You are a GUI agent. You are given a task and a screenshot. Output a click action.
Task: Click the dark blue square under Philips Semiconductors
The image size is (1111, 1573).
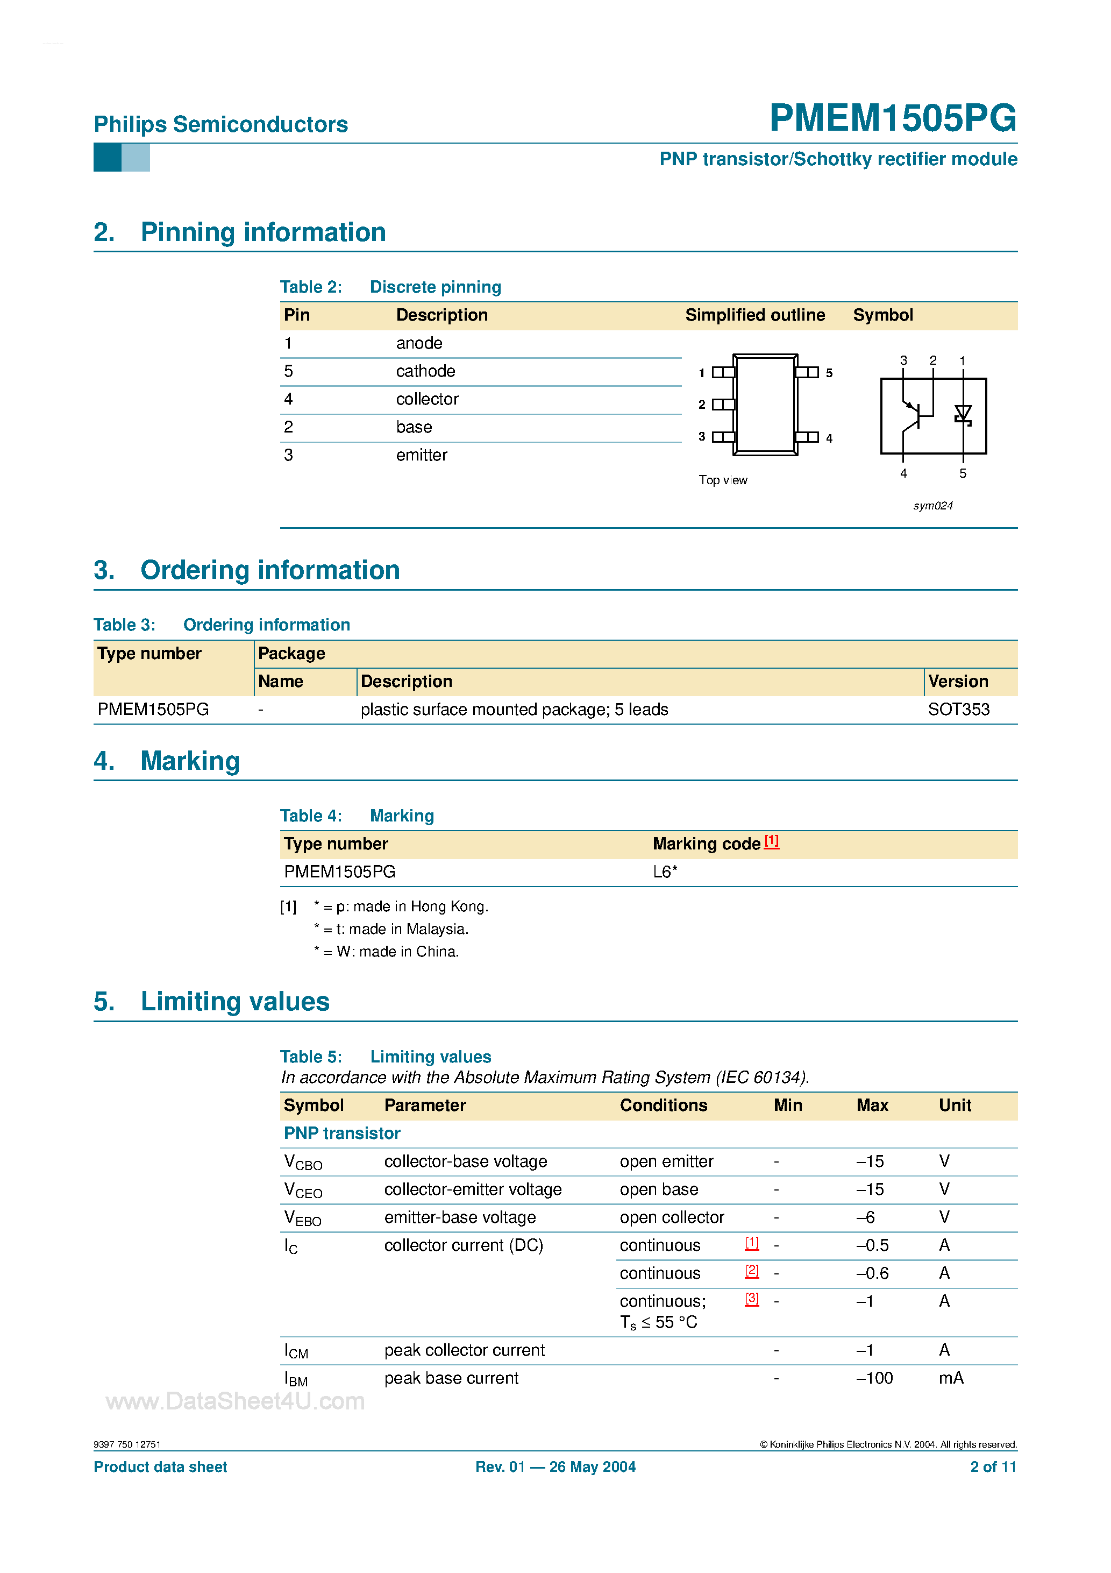point(107,158)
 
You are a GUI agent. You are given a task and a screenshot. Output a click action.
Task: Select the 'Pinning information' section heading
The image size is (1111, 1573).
point(263,232)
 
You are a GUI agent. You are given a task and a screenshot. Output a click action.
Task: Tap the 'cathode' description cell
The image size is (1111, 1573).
point(425,371)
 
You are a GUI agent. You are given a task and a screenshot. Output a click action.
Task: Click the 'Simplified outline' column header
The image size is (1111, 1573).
point(755,315)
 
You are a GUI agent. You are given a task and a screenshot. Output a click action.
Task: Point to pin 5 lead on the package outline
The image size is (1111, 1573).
point(808,373)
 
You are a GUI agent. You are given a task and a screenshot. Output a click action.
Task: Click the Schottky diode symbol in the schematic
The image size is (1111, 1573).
point(963,414)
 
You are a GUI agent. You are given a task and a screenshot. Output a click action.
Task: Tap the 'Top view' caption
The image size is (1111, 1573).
point(723,480)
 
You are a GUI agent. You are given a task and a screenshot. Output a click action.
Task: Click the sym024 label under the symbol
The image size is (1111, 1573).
point(932,506)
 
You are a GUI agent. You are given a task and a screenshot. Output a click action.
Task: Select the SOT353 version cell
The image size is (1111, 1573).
point(958,710)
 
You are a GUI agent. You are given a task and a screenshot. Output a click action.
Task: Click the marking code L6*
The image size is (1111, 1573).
point(665,872)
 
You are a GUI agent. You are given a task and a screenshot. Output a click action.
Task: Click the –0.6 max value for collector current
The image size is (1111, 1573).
point(872,1273)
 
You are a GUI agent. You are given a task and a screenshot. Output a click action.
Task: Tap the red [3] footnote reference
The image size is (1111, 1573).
point(751,1299)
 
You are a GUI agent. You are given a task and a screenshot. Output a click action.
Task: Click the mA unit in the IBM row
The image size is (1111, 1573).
point(950,1378)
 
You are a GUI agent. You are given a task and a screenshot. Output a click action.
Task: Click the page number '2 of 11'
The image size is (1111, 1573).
point(993,1467)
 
